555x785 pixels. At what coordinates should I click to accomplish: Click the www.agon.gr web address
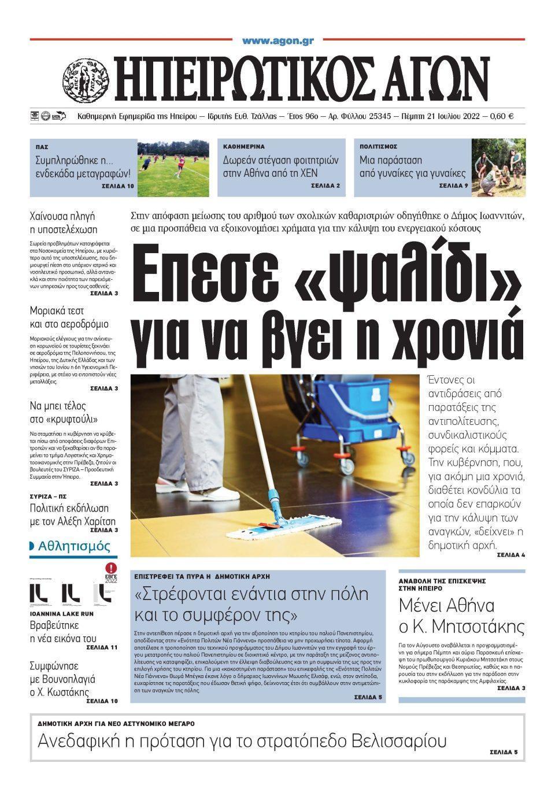pos(277,41)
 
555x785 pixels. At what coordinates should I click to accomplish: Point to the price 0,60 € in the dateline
pos(501,116)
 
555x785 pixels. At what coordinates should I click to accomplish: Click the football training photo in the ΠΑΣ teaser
pos(173,167)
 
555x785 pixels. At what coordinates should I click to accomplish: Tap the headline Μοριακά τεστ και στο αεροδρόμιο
pos(69,317)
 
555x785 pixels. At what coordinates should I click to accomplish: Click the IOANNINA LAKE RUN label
pos(62,614)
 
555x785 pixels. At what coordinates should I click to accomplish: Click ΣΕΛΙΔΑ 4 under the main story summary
pos(510,555)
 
